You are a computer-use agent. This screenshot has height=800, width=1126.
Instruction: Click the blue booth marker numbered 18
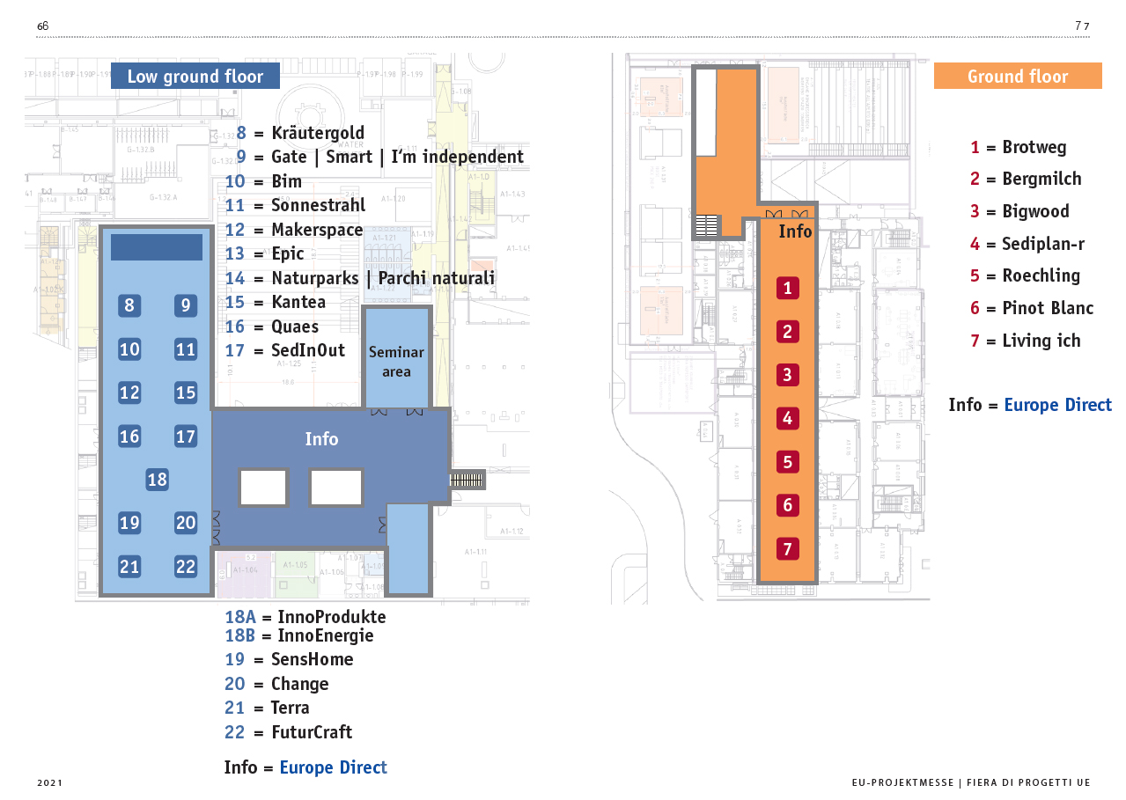click(157, 480)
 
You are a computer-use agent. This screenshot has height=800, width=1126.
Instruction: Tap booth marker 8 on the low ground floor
click(129, 305)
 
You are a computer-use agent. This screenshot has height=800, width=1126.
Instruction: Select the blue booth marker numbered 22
click(185, 566)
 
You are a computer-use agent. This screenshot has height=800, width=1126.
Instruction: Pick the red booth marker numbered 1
click(788, 288)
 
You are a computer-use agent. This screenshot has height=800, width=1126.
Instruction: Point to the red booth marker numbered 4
click(788, 418)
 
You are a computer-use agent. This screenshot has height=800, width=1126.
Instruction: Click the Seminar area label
click(396, 362)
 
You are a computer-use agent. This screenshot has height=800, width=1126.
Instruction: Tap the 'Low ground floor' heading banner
click(195, 77)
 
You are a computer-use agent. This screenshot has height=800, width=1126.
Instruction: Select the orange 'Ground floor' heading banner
click(1017, 77)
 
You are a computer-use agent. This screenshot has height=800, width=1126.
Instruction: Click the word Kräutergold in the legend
click(318, 134)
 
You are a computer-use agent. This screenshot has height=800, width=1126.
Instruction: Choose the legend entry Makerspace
click(317, 230)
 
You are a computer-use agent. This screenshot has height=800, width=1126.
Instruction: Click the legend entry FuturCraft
click(312, 732)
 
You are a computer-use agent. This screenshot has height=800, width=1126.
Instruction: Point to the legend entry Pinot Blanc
click(1048, 308)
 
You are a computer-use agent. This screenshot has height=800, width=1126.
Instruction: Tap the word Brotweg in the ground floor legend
click(1034, 147)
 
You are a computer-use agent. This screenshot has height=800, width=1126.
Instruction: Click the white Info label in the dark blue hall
click(321, 438)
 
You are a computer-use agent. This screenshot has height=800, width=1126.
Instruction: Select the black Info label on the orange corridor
click(795, 231)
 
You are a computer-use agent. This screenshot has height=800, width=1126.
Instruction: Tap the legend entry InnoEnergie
click(325, 635)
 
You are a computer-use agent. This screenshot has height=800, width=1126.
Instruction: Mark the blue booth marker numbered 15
click(185, 393)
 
